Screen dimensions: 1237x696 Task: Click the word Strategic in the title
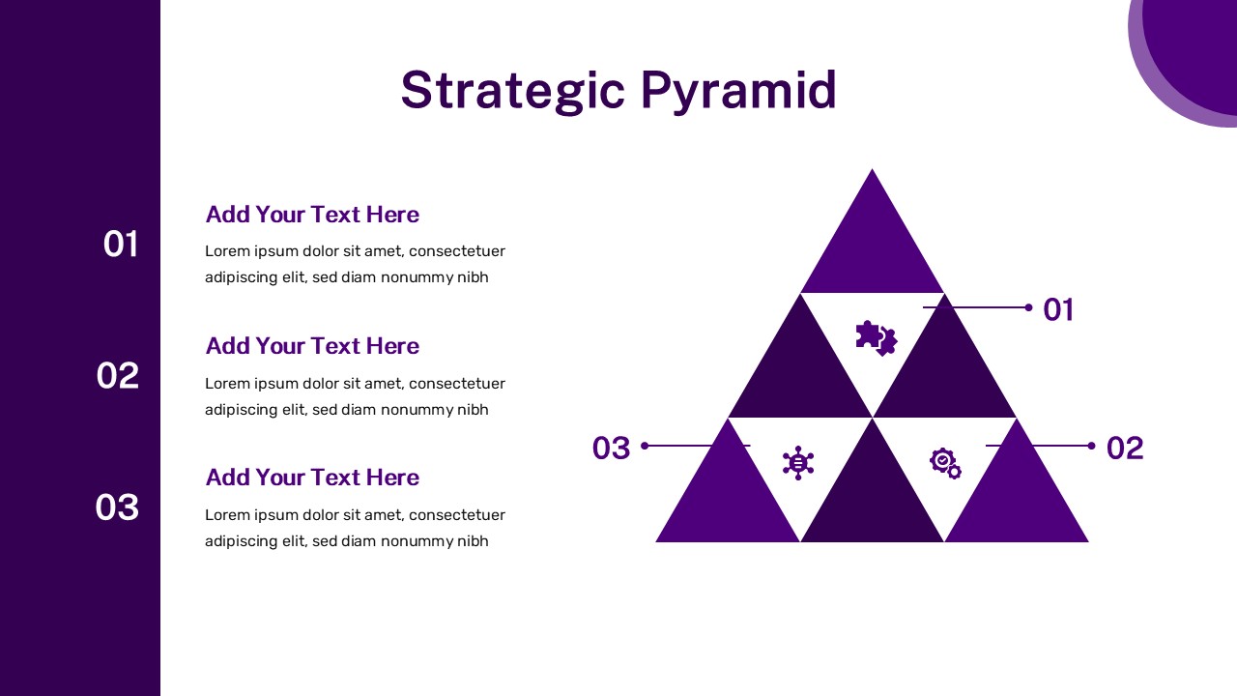512,91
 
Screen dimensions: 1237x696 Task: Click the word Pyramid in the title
739,91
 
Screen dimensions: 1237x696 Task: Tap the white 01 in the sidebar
121,245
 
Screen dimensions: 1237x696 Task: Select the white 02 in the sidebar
118,376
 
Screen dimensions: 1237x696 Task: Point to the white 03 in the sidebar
117,507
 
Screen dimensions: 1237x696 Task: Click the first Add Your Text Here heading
312,215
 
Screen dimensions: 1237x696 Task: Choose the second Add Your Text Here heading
312,346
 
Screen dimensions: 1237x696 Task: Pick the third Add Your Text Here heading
312,478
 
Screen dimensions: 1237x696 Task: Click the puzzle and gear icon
877,338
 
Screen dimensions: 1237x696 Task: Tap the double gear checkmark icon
945,463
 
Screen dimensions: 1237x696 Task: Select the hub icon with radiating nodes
798,463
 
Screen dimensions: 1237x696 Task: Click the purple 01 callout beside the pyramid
1058,309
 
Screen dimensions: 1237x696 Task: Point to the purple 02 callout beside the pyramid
1125,448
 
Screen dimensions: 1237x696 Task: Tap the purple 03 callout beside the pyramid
612,448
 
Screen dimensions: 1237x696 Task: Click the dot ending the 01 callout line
1028,307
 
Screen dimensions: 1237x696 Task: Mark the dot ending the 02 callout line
1091,446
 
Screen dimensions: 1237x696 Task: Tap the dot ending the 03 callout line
645,446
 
